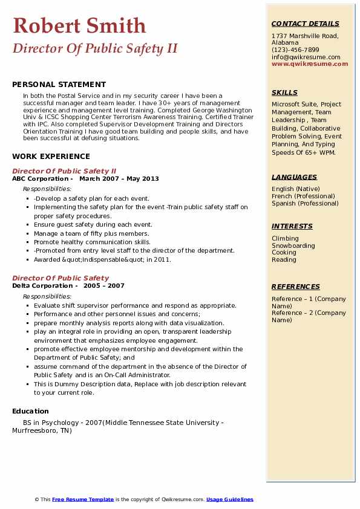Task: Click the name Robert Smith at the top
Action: click(79, 26)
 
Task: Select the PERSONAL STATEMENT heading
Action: click(59, 85)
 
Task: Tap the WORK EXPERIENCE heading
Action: click(51, 156)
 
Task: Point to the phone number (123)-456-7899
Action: click(295, 50)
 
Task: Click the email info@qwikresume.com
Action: click(306, 57)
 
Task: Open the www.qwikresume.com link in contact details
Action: click(305, 64)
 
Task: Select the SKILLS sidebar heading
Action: click(284, 92)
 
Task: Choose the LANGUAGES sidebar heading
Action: click(294, 177)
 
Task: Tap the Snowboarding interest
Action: click(293, 245)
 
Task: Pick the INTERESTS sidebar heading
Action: click(292, 226)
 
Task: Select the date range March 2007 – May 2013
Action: click(119, 179)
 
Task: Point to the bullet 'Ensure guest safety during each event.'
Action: click(93, 224)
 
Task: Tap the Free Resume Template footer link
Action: click(83, 499)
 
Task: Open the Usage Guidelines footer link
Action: click(229, 499)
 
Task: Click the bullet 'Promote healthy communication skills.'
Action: click(92, 242)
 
